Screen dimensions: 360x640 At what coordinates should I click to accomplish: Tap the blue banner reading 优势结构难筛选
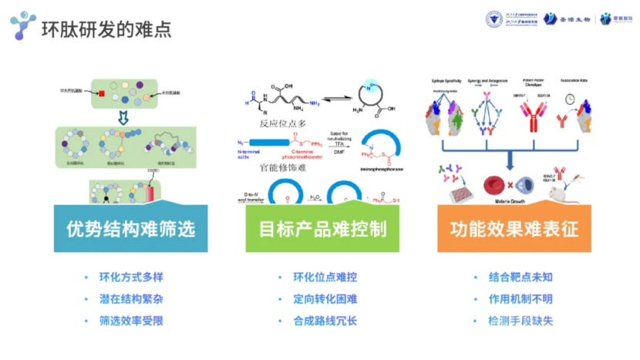coord(131,229)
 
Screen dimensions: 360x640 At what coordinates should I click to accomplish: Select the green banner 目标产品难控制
coord(323,229)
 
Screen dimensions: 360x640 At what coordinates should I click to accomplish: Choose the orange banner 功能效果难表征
coord(514,229)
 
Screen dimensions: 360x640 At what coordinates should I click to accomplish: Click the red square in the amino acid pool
coord(101,95)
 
